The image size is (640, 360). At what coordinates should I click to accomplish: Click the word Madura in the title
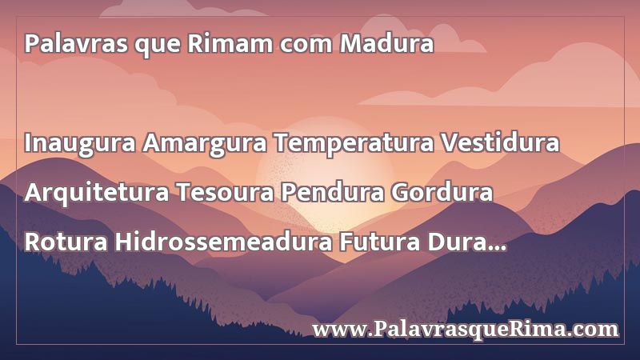(x=386, y=43)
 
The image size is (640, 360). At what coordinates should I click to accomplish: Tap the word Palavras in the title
(x=76, y=43)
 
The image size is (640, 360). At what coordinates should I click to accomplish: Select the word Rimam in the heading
(x=230, y=43)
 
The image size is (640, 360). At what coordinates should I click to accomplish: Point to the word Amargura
(x=205, y=144)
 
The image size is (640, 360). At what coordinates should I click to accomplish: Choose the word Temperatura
(x=354, y=144)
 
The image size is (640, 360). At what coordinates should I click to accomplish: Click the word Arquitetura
(x=97, y=193)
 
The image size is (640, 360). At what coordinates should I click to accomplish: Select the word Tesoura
(x=225, y=192)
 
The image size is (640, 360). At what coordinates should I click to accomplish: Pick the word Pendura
(x=332, y=192)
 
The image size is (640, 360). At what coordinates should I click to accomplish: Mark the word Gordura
(x=442, y=192)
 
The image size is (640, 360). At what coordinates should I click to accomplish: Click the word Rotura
(x=66, y=242)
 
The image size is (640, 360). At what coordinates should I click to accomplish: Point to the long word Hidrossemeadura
(x=223, y=242)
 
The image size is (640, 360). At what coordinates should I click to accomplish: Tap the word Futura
(x=379, y=242)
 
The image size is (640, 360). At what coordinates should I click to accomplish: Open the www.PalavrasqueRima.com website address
(x=466, y=330)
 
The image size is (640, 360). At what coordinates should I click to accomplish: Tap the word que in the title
(x=157, y=46)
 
